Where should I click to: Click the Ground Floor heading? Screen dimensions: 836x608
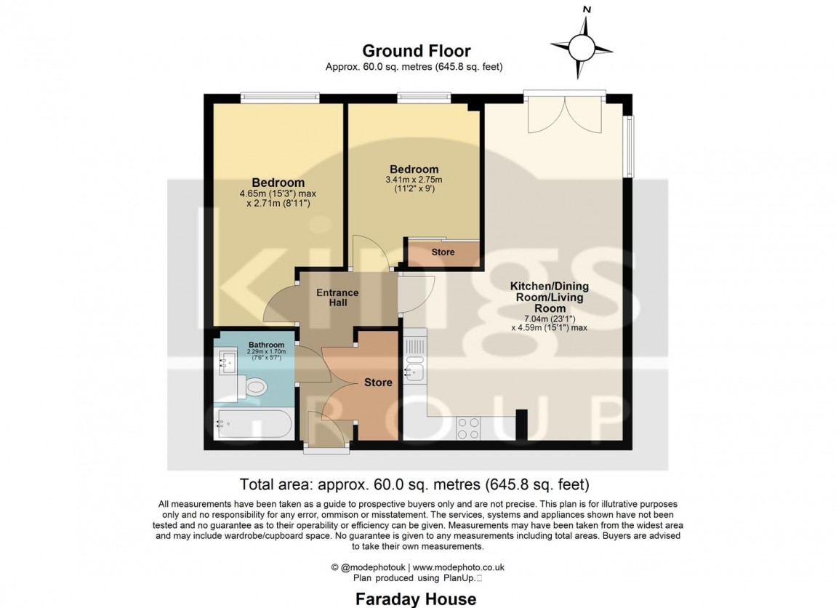pos(417,51)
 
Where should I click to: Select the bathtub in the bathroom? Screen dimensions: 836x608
pos(253,424)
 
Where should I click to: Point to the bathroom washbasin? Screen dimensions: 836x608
pos(227,361)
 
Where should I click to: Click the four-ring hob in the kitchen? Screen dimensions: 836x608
pos(468,428)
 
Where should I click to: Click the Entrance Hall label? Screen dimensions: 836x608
pos(337,297)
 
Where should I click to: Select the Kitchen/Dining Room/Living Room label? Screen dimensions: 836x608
pos(550,297)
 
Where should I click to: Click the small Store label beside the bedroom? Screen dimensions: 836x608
pos(443,252)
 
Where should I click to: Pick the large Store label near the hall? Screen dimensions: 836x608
pos(378,383)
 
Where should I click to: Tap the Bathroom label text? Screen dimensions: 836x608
pos(266,345)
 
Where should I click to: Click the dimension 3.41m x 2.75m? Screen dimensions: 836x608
pos(414,180)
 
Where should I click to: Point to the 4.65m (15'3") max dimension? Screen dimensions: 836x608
pos(278,193)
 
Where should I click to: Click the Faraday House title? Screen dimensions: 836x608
pos(416,599)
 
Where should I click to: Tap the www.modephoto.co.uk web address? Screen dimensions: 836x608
pos(459,567)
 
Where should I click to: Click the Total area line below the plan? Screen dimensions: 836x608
pos(414,484)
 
